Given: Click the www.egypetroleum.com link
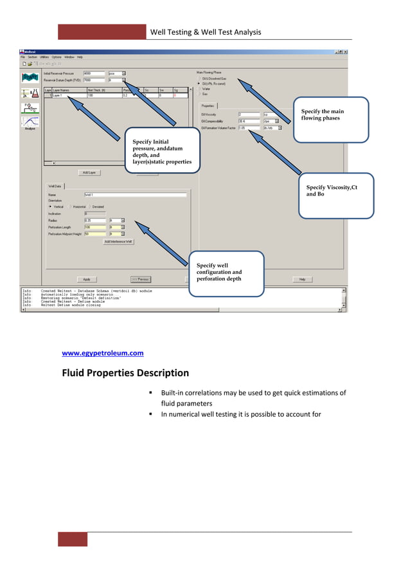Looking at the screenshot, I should (102, 353).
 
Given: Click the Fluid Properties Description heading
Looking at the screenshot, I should (125, 373).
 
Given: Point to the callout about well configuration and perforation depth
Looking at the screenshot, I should (226, 273).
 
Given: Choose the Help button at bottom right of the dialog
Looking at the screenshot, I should (302, 279).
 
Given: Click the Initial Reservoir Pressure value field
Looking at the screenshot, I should (94, 73).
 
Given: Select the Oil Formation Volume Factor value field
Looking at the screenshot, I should (249, 128).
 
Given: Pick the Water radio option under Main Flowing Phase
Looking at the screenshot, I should (206, 89).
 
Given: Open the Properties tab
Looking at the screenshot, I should (208, 105).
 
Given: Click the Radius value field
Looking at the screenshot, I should (94, 220).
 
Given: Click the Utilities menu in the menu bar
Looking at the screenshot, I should (44, 57).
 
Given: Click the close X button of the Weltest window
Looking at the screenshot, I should (345, 51).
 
